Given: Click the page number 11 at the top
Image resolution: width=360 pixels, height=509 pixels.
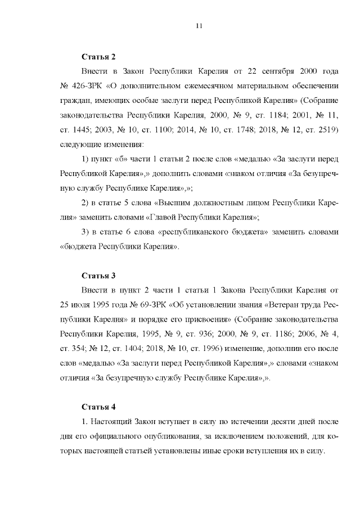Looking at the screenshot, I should pyautogui.click(x=199, y=25).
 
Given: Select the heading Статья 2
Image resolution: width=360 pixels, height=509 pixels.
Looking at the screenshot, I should pyautogui.click(x=98, y=57).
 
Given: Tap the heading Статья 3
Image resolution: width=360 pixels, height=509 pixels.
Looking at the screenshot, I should pyautogui.click(x=98, y=276).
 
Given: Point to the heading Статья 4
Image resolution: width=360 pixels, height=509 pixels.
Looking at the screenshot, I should pyautogui.click(x=98, y=407).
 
